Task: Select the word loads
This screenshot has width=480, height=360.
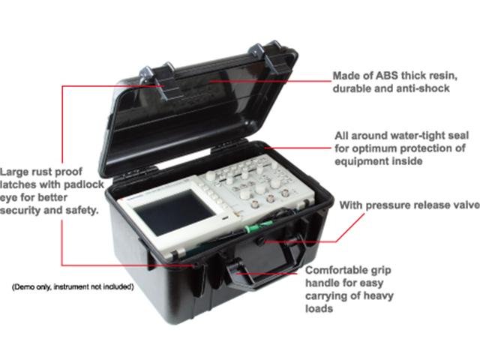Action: pos(320,307)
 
